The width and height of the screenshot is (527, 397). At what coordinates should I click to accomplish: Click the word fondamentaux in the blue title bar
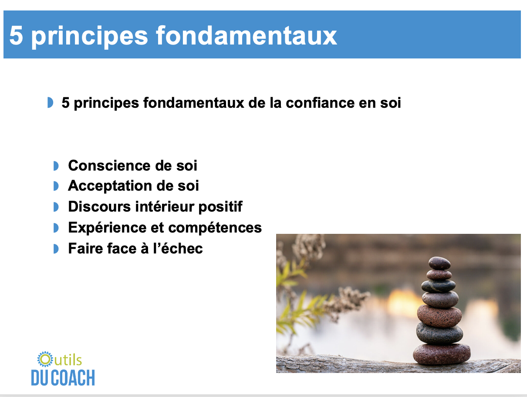[x=246, y=36]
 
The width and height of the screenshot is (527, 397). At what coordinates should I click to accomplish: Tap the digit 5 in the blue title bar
[x=16, y=36]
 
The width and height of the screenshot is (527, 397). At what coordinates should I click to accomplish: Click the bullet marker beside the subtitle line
[x=50, y=103]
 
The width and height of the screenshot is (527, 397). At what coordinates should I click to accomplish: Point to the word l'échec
[x=178, y=248]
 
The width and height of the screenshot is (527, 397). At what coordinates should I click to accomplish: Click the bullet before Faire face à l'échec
[x=56, y=249]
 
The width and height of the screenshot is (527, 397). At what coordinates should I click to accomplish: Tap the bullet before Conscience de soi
[x=56, y=166]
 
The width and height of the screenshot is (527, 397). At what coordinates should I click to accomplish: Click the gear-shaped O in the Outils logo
[x=45, y=359]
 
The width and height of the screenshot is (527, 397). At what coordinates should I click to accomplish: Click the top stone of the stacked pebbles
[x=439, y=263]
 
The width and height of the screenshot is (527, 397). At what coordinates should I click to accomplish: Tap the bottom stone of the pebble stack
[x=442, y=353]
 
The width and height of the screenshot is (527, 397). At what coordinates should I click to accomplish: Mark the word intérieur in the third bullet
[x=165, y=206]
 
